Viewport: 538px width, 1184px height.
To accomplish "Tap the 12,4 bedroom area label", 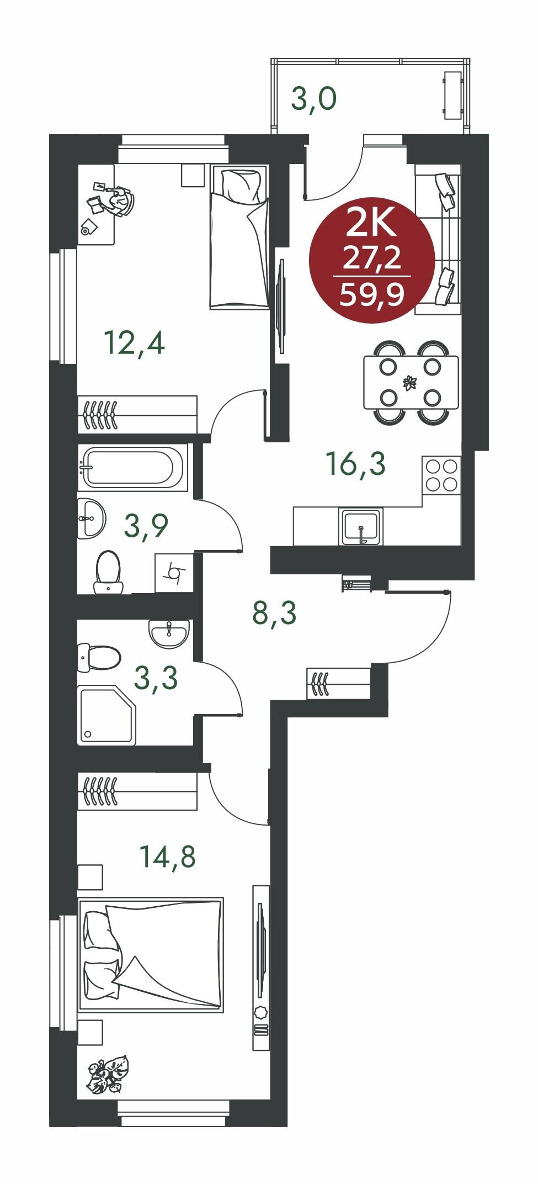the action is pos(135,343).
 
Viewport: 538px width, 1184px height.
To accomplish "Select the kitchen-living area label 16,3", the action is pos(356,463).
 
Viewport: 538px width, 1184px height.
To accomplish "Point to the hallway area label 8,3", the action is pos(275,613).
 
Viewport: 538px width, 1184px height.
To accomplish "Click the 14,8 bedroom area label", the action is pos(168,857).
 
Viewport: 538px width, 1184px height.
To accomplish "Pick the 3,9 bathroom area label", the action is pos(146,526).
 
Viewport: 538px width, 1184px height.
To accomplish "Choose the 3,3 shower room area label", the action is pos(156,678).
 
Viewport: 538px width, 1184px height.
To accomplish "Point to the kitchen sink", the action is pos(362,525).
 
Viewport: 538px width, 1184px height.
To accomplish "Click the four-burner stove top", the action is pos(441,475).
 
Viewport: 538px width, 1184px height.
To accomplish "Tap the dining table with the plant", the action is pos(411,383).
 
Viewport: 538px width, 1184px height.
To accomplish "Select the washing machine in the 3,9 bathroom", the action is pos(174,573).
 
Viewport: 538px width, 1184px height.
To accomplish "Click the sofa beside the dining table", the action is pos(438,240).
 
